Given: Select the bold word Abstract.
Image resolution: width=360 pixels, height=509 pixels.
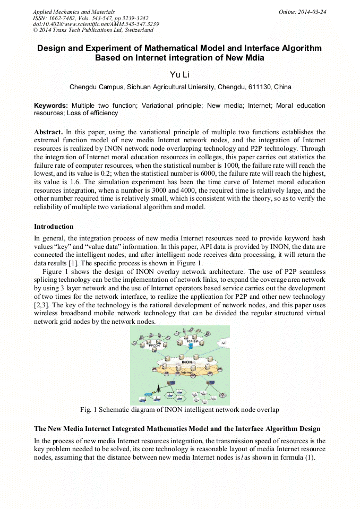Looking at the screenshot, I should tap(49, 132).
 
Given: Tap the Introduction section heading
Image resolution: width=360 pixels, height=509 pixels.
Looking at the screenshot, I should tap(54, 227).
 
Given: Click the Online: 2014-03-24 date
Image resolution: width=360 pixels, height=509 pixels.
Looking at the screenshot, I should tap(302, 11).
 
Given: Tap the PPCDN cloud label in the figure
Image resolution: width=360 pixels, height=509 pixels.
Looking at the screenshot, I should tap(154, 344).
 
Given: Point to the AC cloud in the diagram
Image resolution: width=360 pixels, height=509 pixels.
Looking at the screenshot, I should tap(222, 342).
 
